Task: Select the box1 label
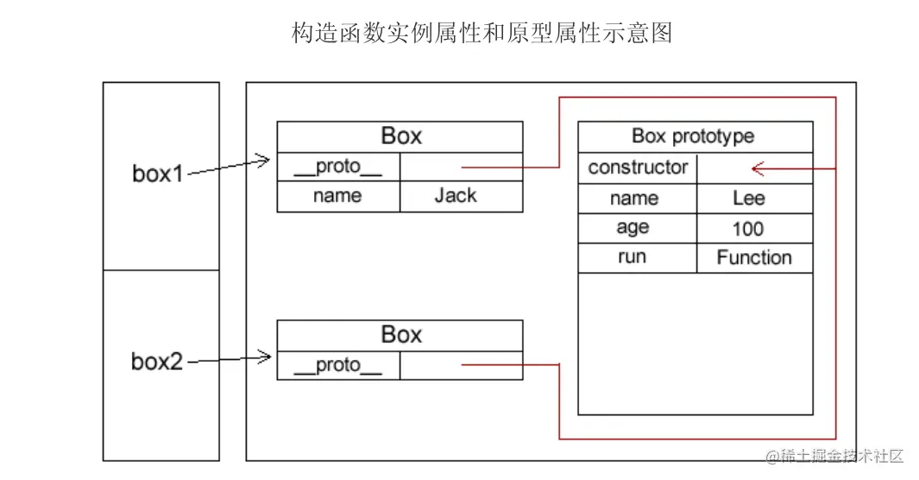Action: pyautogui.click(x=158, y=174)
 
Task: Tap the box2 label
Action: pyautogui.click(x=157, y=361)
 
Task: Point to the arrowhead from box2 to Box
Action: pyautogui.click(x=264, y=355)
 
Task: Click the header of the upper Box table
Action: pyautogui.click(x=400, y=136)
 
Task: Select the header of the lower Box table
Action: pyautogui.click(x=400, y=335)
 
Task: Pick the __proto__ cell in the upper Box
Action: pyautogui.click(x=337, y=167)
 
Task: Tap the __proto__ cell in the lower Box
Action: pyautogui.click(x=337, y=365)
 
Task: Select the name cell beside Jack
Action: pyautogui.click(x=337, y=196)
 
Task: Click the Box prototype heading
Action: pyautogui.click(x=694, y=136)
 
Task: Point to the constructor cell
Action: pyautogui.click(x=638, y=167)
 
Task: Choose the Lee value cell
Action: pyautogui.click(x=749, y=199)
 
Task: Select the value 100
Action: pyautogui.click(x=748, y=229)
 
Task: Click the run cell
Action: pyautogui.click(x=633, y=257)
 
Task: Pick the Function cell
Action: pyautogui.click(x=753, y=257)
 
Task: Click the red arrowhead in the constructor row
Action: pyautogui.click(x=758, y=168)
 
